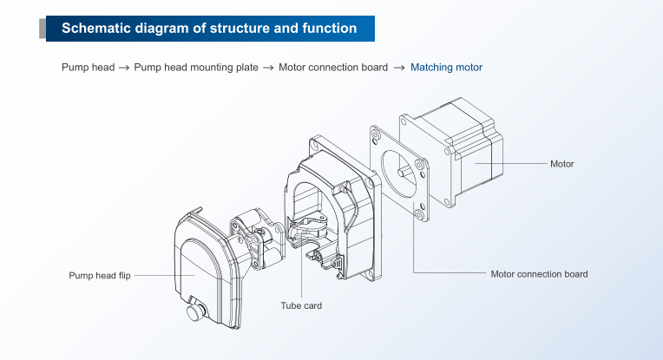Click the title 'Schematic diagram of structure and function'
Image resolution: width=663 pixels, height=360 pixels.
(x=209, y=29)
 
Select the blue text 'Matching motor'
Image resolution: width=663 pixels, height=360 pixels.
(x=446, y=68)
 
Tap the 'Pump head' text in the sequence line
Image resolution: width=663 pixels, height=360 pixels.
(x=88, y=68)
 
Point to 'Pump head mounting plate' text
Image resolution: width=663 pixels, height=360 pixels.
(x=196, y=68)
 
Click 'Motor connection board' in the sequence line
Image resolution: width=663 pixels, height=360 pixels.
(x=332, y=68)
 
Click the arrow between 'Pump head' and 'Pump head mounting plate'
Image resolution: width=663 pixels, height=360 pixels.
(x=124, y=68)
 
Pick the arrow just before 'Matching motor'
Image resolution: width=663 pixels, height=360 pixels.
(x=399, y=68)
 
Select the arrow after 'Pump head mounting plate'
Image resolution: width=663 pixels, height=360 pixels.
(x=268, y=68)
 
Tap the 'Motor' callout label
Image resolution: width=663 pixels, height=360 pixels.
(x=561, y=164)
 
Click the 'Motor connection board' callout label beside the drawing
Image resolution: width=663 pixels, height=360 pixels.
(x=539, y=274)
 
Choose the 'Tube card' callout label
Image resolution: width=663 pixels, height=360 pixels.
(x=301, y=305)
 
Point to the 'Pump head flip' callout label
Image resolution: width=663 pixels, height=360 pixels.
(x=100, y=276)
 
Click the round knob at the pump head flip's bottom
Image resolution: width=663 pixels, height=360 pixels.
(x=195, y=312)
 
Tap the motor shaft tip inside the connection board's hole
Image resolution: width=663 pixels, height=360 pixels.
(x=400, y=172)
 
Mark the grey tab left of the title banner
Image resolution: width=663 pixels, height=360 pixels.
(x=43, y=29)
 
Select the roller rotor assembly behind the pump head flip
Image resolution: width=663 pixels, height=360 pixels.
(x=258, y=238)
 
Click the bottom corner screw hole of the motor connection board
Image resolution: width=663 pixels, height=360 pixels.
(x=420, y=214)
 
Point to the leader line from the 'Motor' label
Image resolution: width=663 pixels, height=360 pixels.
(x=511, y=164)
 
